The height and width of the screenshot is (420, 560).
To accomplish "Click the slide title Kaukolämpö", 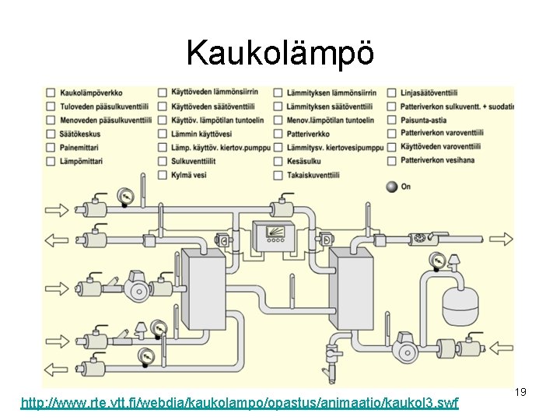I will (x=280, y=53).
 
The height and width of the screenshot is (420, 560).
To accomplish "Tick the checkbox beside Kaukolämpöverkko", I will (x=51, y=93).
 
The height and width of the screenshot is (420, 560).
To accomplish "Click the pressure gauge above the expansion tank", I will (x=439, y=261).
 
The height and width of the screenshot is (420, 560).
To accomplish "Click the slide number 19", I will (x=520, y=393).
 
